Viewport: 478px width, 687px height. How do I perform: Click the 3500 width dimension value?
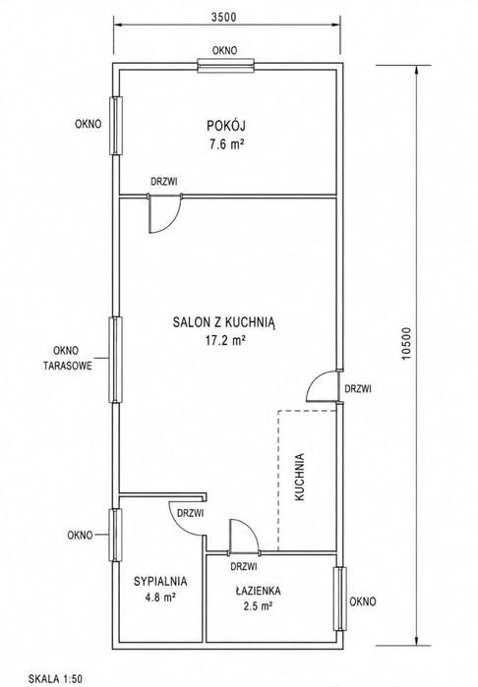(x=223, y=17)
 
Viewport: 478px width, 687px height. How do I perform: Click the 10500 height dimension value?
(x=406, y=344)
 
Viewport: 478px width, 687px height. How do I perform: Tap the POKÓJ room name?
(x=226, y=126)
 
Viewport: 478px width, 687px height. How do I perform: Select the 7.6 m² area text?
(x=226, y=144)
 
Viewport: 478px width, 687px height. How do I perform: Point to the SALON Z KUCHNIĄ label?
(x=224, y=323)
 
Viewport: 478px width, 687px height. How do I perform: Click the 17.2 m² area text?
(x=225, y=340)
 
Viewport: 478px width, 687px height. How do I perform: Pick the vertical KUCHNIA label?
(x=300, y=477)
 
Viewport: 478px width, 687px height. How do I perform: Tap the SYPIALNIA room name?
(x=160, y=582)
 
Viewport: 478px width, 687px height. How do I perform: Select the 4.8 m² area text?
(x=160, y=597)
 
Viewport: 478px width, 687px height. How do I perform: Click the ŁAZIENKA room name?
(x=259, y=590)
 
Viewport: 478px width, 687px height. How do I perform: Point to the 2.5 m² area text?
(x=259, y=606)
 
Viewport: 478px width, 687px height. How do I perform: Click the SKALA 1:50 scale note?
(x=55, y=679)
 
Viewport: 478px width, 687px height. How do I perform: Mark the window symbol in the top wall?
(x=226, y=66)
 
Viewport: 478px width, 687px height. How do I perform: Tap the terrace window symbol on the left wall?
(x=115, y=360)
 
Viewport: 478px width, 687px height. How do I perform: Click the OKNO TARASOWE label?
(x=67, y=359)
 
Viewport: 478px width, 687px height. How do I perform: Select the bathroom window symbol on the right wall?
(x=340, y=599)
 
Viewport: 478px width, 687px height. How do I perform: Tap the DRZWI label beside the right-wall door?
(x=358, y=388)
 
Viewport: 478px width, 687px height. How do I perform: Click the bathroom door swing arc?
(x=252, y=529)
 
